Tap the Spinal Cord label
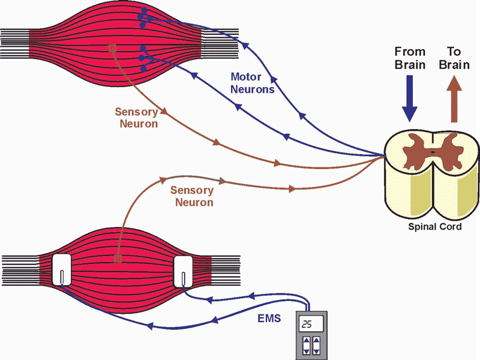click(435, 227)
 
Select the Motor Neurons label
click(253, 83)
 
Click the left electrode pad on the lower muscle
click(62, 271)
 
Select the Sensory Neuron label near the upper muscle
click(137, 118)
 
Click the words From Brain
click(410, 58)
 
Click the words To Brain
click(454, 58)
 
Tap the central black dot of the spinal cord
click(433, 153)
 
